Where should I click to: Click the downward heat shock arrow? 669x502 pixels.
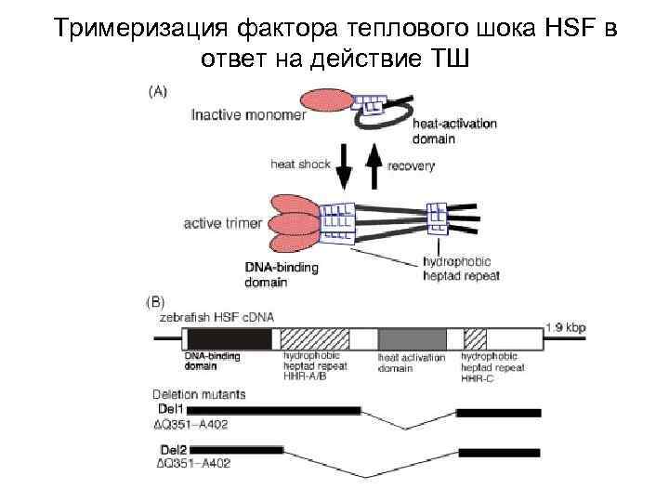point(344,167)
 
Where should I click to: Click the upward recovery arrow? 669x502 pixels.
point(374,167)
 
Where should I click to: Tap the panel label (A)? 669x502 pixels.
point(158,91)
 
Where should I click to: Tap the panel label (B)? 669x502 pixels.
point(155,301)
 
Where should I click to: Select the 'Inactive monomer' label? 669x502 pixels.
point(238,116)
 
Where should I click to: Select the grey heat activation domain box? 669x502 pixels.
point(411,337)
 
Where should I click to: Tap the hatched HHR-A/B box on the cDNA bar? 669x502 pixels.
point(314,337)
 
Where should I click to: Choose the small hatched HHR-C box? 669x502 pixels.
point(475,337)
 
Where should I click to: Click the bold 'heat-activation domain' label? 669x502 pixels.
point(454,130)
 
